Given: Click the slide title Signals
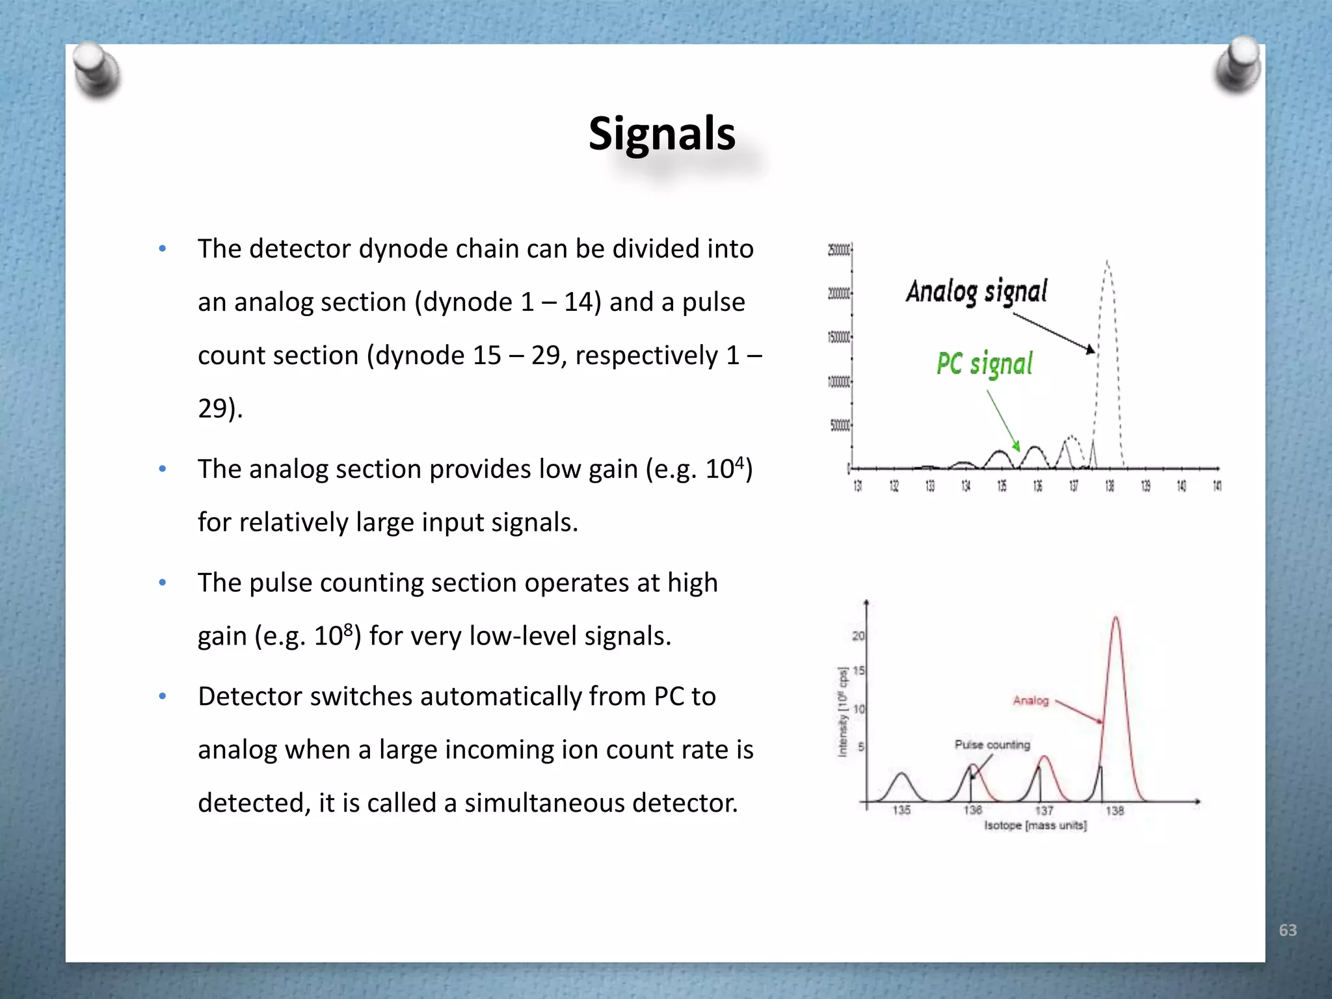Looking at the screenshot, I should point(661,133).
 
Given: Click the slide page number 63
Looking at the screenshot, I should point(1287,930).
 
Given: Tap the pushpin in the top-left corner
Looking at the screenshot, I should point(96,71).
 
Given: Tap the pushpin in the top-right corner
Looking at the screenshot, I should point(1238,65).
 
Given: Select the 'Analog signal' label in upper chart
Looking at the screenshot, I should point(976,291).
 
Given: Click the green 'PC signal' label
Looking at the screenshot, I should point(984,364).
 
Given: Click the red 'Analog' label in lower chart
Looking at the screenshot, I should point(1030,700).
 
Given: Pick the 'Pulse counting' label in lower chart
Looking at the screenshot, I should point(992,745).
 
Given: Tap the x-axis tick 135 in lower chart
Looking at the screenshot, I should point(901,810).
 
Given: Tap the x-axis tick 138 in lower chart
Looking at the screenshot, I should point(1114,810).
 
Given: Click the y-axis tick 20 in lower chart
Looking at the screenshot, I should point(858,635).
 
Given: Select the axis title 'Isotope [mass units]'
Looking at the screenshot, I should point(1035,825).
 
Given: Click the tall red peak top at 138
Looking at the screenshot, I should point(1116,619).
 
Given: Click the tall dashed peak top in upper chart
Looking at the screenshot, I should point(1107,263).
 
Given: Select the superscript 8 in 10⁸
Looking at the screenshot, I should point(348,629).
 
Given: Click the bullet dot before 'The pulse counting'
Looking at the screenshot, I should point(163,583).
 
